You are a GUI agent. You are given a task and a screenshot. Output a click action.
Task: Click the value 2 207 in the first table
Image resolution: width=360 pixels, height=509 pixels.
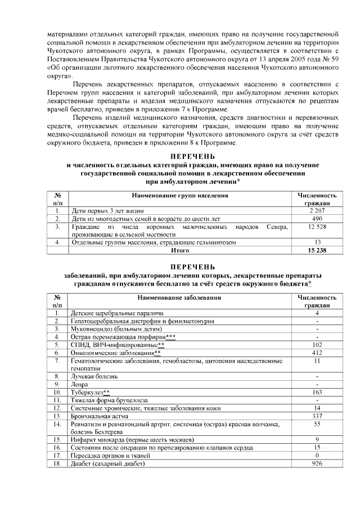317,210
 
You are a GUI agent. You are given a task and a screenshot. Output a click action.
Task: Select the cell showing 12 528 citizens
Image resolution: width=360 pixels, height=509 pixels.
317,226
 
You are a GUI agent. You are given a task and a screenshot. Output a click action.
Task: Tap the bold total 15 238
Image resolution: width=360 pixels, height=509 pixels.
317,250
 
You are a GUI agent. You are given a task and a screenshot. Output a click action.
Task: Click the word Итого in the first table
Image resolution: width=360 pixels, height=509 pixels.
179,250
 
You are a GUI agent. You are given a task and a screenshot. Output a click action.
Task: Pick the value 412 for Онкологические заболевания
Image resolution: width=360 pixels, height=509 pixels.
317,352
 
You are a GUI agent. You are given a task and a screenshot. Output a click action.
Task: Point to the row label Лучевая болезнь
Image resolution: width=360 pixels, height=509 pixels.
94,376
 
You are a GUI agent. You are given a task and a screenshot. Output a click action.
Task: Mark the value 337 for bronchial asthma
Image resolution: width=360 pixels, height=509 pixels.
317,415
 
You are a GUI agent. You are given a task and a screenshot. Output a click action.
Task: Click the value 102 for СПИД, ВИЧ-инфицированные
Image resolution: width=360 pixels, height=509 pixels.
317,344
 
